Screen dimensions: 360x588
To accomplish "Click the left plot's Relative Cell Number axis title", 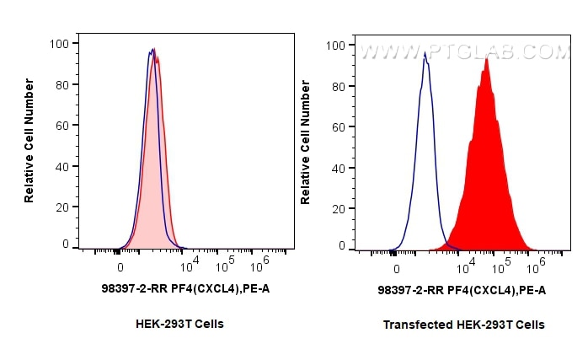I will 29,140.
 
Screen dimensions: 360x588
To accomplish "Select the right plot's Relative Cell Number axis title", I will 305,142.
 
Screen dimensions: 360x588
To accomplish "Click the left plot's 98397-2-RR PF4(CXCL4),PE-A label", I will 184,288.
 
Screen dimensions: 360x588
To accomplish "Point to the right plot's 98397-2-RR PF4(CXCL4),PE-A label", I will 462,290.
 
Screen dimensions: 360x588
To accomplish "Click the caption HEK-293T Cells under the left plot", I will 179,324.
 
